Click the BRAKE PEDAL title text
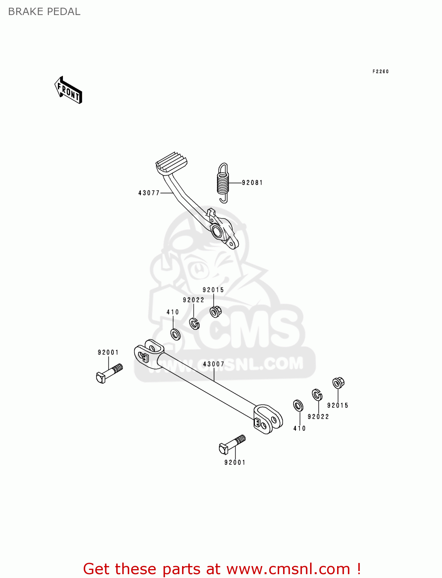click(44, 12)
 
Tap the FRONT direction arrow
click(68, 91)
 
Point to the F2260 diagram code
click(380, 71)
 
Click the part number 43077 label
click(149, 193)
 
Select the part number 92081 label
click(252, 183)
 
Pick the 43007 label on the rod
click(213, 364)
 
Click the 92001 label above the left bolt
click(108, 352)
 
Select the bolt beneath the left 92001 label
click(109, 373)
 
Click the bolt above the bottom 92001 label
click(231, 445)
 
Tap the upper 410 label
click(172, 312)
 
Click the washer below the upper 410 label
click(175, 334)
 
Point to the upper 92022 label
click(193, 300)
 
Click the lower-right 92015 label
click(337, 405)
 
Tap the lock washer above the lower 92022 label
click(317, 395)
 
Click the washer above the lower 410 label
click(298, 405)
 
